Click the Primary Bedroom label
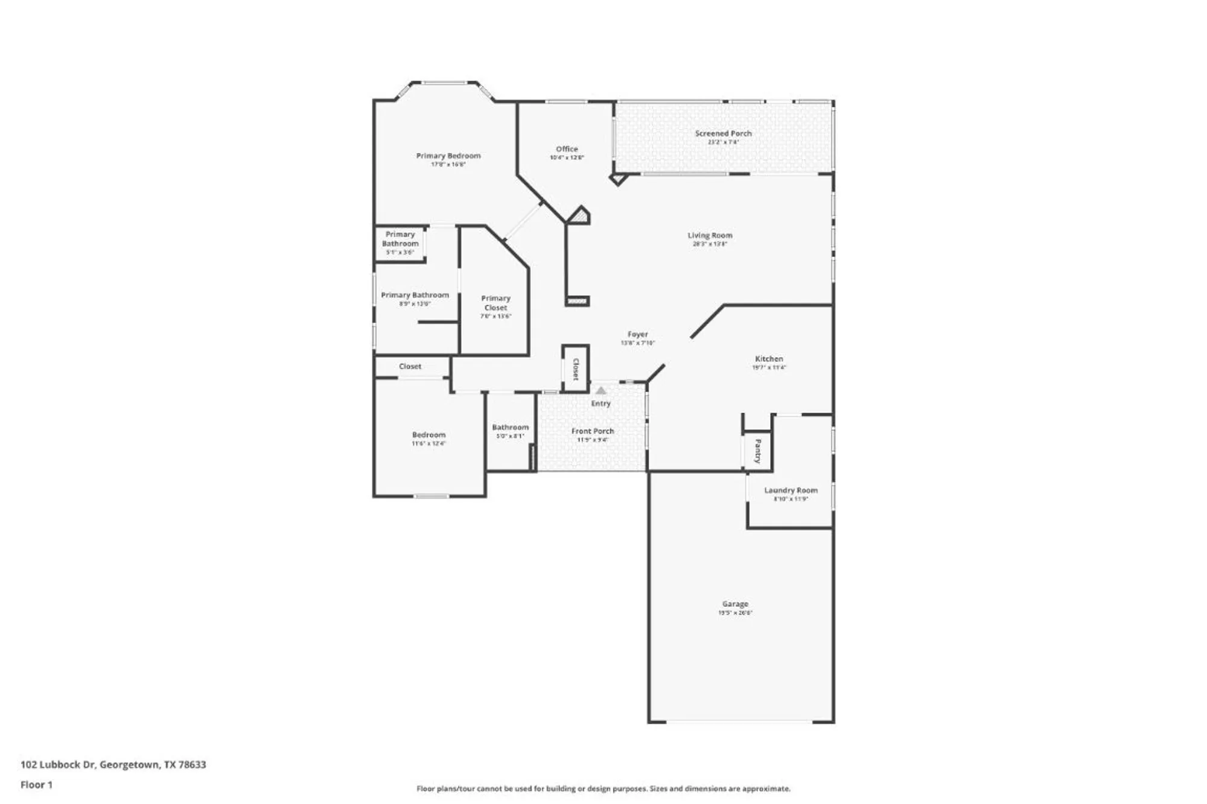(x=448, y=156)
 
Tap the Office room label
(x=567, y=149)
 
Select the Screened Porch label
(x=723, y=133)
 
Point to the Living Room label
(x=710, y=235)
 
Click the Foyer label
(x=637, y=334)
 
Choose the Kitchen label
(x=769, y=358)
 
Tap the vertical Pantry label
(x=758, y=451)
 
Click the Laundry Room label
(x=791, y=490)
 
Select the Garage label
(x=735, y=604)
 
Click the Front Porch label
(x=592, y=431)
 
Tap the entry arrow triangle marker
(x=600, y=390)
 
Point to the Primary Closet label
(x=495, y=303)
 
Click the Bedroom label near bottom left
(x=428, y=435)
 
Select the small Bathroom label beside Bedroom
(x=510, y=427)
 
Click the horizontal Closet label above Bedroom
(x=410, y=366)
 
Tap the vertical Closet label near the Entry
(x=576, y=369)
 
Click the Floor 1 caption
(x=36, y=785)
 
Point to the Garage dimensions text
(x=735, y=613)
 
